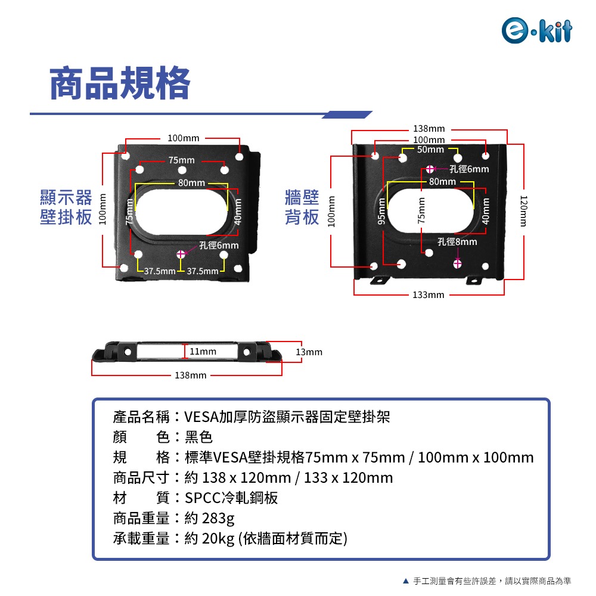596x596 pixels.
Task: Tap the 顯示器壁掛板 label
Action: click(x=66, y=207)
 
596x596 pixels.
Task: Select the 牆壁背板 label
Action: click(x=302, y=207)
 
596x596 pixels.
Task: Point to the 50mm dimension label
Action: click(x=430, y=150)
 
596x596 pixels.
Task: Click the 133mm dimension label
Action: click(x=429, y=295)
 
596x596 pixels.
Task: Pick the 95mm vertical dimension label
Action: click(x=381, y=210)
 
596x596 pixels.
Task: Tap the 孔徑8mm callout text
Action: click(x=457, y=241)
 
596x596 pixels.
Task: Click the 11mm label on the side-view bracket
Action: click(x=203, y=352)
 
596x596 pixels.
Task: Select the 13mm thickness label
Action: click(x=309, y=352)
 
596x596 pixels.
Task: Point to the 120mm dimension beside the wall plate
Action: click(x=523, y=210)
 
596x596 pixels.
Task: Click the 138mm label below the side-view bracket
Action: click(x=190, y=375)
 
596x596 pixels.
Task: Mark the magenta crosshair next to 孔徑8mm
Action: click(x=458, y=263)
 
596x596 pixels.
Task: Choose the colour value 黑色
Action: click(x=198, y=437)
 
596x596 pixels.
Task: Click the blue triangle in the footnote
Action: click(x=406, y=581)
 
